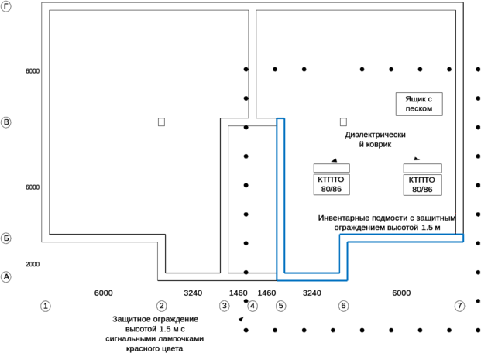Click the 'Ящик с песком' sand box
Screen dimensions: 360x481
pos(419,104)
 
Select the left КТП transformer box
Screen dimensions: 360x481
pos(331,183)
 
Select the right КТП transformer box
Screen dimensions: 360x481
pos(421,183)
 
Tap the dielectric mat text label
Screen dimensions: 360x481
pos(373,139)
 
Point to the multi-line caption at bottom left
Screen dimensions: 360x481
pos(154,333)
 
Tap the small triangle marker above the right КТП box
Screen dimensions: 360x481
pos(417,159)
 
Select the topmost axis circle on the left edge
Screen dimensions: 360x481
pos(7,122)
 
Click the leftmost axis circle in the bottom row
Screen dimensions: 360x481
pos(46,305)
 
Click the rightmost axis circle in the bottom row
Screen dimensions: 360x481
pos(459,305)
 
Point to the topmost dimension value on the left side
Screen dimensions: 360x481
pos(33,70)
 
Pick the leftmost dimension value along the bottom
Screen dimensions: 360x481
pos(104,293)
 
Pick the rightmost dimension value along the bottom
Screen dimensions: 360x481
pos(401,293)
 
